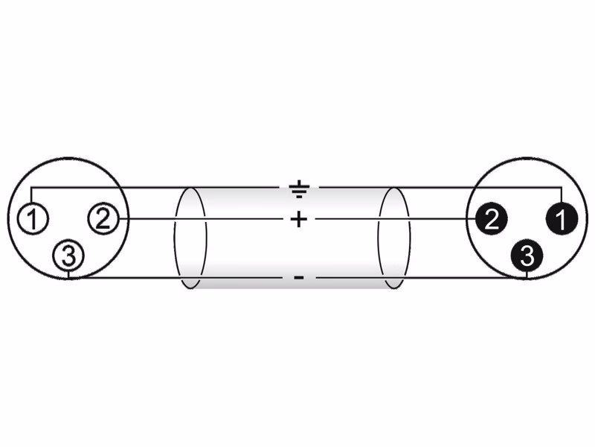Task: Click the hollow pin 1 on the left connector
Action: coord(33,218)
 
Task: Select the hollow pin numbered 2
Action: coord(103,218)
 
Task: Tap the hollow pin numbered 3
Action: coord(68,256)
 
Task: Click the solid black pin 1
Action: coord(562,218)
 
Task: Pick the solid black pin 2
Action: coord(491,218)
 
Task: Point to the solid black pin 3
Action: coord(527,256)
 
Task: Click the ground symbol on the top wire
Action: coord(299,189)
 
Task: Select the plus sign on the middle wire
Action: coord(299,219)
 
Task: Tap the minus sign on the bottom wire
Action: coord(299,278)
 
